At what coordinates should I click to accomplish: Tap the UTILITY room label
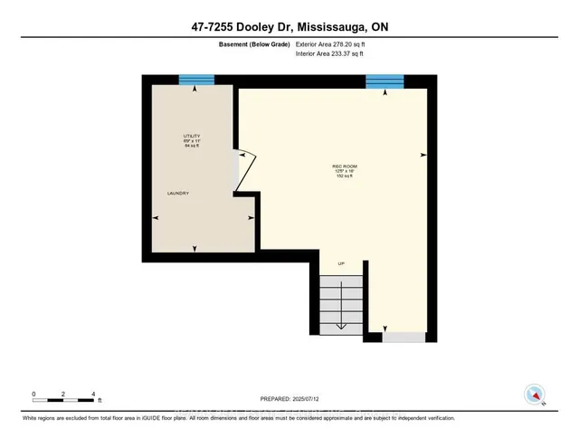[x=191, y=136]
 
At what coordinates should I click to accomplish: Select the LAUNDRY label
[x=176, y=194]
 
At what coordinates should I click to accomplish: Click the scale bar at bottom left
[x=63, y=399]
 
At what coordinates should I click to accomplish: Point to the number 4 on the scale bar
[x=94, y=393]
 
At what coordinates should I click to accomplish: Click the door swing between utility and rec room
[x=246, y=171]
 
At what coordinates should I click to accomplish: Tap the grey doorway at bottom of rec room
[x=403, y=338]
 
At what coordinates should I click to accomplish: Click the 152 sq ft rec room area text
[x=343, y=178]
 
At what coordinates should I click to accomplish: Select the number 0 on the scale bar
[x=33, y=393]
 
